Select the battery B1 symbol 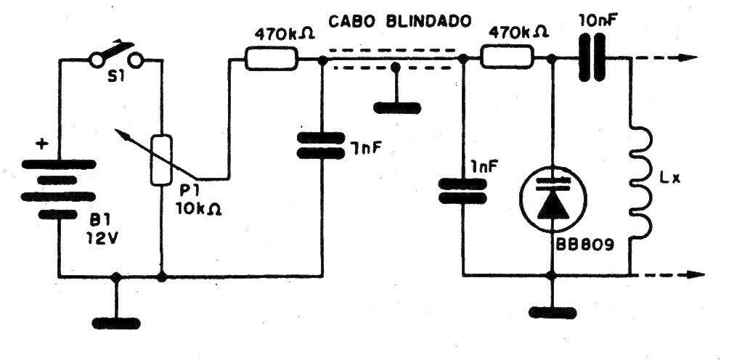click(62, 189)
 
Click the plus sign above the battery click(43, 145)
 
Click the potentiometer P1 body click(160, 159)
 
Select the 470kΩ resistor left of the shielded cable click(270, 59)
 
